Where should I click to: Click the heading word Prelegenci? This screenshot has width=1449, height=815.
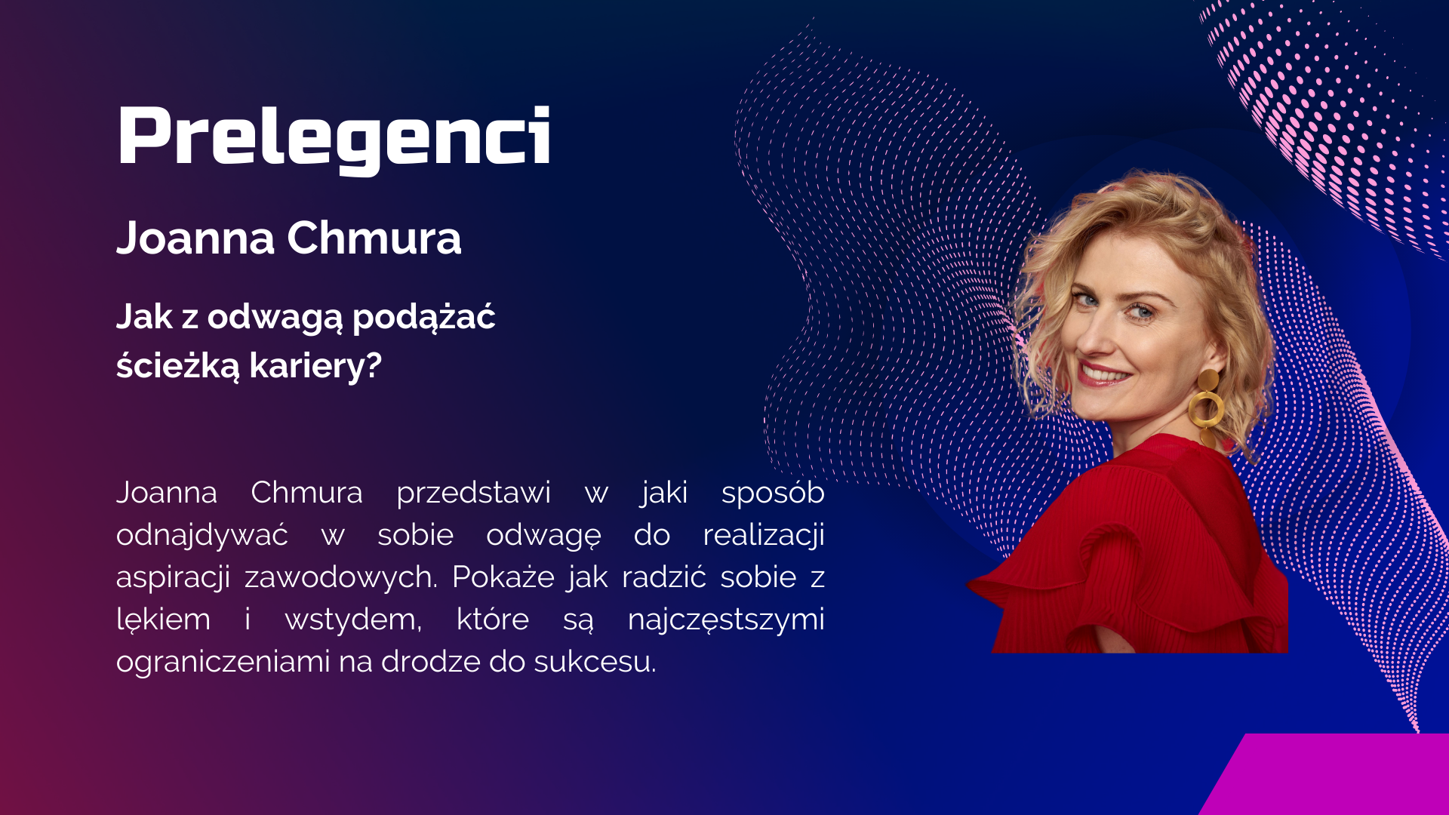[x=334, y=138]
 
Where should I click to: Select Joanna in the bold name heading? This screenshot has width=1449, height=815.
[x=195, y=238]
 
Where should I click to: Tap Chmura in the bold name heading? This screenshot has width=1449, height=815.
[x=374, y=238]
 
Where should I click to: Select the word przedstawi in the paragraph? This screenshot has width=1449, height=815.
[x=473, y=494]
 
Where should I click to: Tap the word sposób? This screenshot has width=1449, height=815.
[x=773, y=494]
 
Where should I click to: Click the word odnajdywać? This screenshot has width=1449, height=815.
[x=202, y=536]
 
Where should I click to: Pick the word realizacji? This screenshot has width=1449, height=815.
[x=764, y=536]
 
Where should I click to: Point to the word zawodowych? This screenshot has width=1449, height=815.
[x=340, y=578]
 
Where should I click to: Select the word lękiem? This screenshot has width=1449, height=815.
[x=164, y=620]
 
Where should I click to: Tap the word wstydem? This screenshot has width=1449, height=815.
[x=353, y=620]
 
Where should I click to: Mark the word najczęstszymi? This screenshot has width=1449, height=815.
[x=726, y=620]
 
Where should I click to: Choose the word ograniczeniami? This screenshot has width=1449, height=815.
[x=223, y=663]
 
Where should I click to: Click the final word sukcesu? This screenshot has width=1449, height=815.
[x=595, y=662]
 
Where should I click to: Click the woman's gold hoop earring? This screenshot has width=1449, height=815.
[x=1207, y=407]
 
